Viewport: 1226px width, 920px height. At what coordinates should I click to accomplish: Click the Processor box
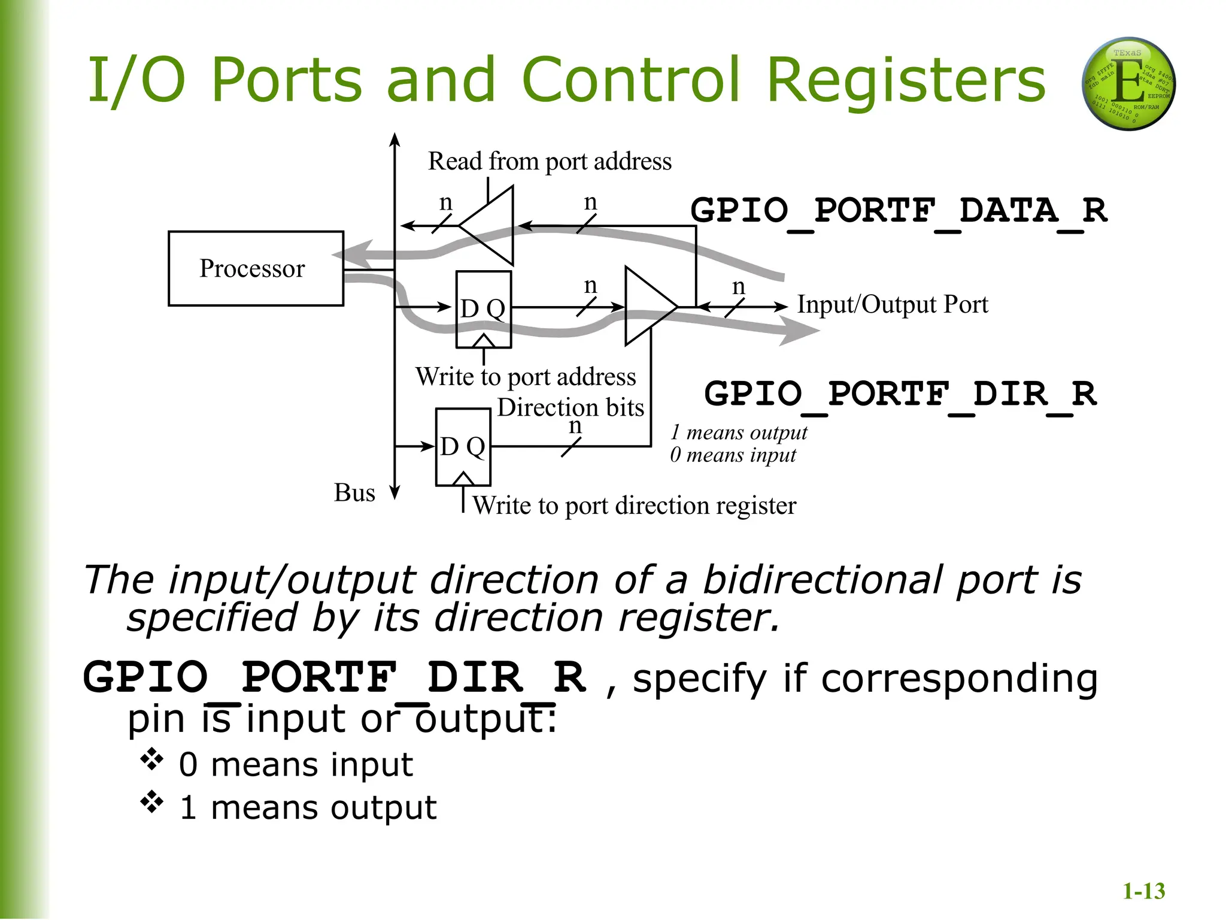point(256,268)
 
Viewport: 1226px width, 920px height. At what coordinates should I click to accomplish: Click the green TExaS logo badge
point(1128,84)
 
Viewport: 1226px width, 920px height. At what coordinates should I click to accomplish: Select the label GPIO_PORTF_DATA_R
point(899,211)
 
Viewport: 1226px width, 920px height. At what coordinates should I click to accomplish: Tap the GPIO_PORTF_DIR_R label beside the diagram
point(900,394)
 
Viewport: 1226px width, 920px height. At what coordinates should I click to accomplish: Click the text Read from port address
point(550,161)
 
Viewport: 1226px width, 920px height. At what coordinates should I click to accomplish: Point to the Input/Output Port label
point(892,304)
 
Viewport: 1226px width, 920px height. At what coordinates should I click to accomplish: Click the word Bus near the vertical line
point(354,493)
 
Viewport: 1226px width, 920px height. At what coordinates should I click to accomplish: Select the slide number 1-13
point(1143,891)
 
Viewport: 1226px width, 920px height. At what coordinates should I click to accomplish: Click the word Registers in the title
point(905,80)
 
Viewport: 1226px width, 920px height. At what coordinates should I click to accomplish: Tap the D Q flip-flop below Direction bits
point(463,447)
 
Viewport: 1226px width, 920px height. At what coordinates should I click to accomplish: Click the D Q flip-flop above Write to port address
point(483,309)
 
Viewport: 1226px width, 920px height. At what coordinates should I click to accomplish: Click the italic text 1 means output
point(738,432)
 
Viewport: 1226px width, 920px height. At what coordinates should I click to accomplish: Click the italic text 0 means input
point(733,455)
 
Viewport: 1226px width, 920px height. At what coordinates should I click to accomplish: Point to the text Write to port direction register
point(634,506)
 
